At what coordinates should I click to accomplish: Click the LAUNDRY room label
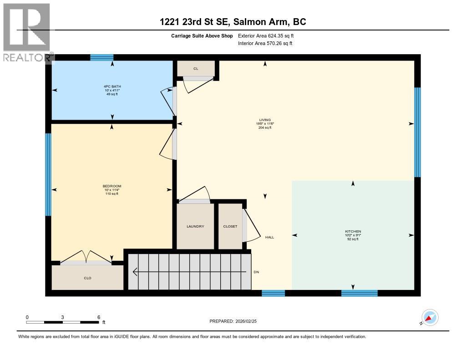(195, 227)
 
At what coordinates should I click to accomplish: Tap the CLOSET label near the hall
(230, 227)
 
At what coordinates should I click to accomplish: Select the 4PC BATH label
(112, 86)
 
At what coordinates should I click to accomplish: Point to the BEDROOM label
(112, 186)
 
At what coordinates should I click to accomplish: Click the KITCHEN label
(353, 231)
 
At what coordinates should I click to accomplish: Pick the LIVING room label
(265, 120)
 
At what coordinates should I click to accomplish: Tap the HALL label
(269, 237)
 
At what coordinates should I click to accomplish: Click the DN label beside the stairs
(257, 272)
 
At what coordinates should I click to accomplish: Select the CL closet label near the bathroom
(196, 69)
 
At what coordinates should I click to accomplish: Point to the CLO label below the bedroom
(88, 278)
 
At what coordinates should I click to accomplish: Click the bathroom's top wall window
(101, 57)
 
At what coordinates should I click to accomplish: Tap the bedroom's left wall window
(48, 174)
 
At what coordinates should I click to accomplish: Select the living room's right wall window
(417, 132)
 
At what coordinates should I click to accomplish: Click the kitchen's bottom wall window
(359, 293)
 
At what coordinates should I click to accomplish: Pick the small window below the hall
(274, 293)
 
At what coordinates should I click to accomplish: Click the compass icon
(430, 318)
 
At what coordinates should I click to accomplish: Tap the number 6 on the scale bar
(98, 317)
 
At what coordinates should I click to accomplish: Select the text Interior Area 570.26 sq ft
(265, 44)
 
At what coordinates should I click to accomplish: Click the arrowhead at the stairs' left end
(135, 272)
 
